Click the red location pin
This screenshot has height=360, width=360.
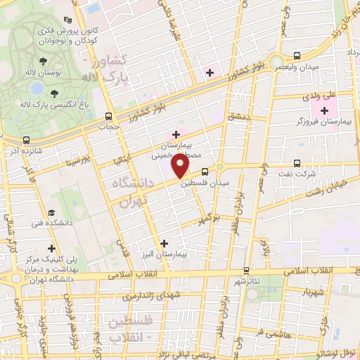click(x=181, y=166)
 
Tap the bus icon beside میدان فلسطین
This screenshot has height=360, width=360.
click(x=205, y=171)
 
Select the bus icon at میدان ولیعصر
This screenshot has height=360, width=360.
click(x=297, y=56)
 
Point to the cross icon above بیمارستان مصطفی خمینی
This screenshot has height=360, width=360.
click(x=176, y=134)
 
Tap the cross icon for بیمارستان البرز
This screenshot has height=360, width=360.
click(x=164, y=243)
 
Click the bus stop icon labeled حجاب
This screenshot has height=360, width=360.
click(x=108, y=116)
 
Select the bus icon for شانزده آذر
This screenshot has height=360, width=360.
click(x=26, y=140)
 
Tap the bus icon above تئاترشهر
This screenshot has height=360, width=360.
click(x=245, y=270)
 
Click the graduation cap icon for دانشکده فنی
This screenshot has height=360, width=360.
click(x=51, y=212)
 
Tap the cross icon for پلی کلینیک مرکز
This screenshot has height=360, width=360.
click(x=51, y=247)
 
